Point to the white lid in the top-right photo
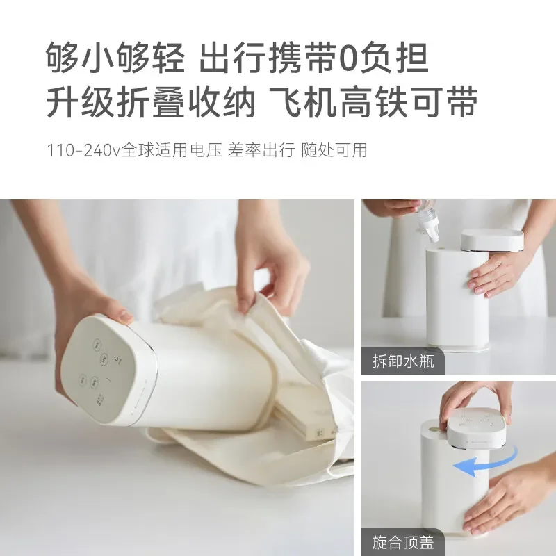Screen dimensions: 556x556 tap(491, 240)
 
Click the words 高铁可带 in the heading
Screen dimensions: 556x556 tap(410, 102)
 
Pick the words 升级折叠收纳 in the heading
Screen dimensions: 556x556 tap(142, 102)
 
